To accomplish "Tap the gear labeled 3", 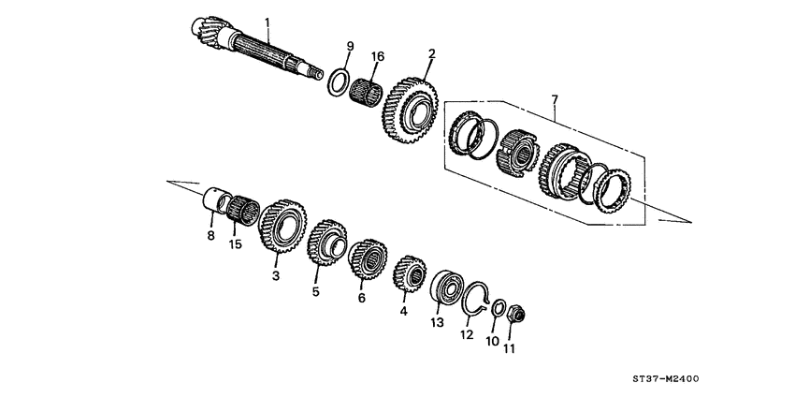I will coord(284,227).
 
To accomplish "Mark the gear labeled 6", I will coord(369,258).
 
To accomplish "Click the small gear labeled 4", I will coord(409,273).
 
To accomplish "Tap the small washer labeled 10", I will coord(499,308).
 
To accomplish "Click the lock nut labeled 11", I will coord(515,317).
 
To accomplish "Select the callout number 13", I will coord(435,323).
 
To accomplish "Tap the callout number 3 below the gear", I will coord(276,276).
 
